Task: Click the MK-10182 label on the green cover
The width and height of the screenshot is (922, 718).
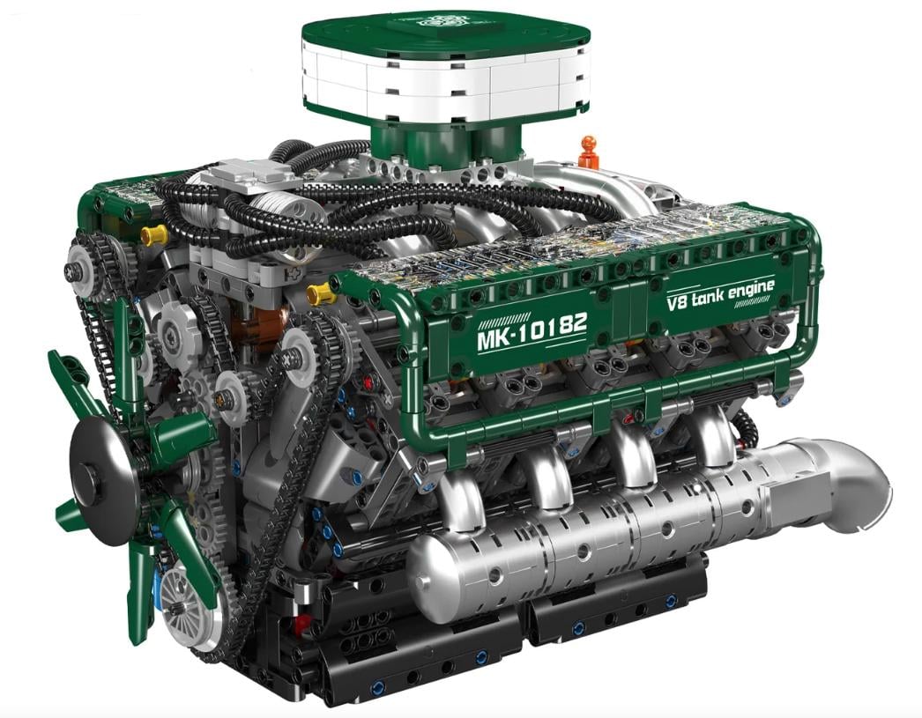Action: pyautogui.click(x=532, y=330)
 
